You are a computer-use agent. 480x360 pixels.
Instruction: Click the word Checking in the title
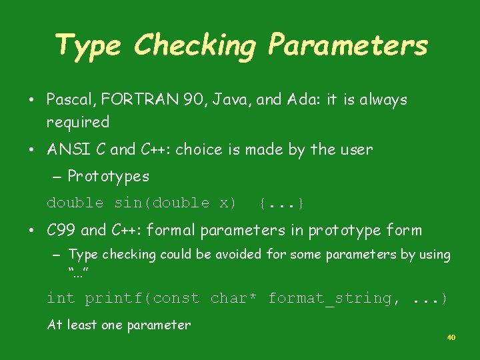(194, 45)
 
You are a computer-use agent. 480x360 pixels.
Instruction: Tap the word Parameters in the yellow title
(347, 45)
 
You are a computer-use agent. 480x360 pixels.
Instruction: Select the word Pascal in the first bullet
(69, 100)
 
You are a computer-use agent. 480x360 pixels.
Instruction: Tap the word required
(77, 123)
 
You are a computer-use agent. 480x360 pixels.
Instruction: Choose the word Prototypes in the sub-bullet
(109, 177)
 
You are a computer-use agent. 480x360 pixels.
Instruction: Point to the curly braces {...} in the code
(282, 203)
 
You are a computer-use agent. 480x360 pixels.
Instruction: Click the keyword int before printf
(61, 298)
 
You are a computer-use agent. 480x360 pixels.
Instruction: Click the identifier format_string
(329, 298)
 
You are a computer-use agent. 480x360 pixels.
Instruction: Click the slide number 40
(451, 338)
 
